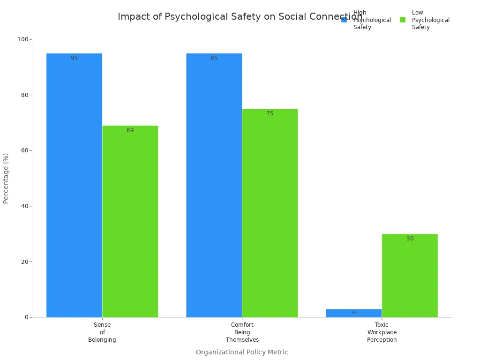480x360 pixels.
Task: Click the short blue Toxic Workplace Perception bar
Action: [353, 313]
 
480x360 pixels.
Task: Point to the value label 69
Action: [130, 130]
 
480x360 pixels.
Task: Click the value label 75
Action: [270, 113]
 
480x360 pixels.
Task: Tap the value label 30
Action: [410, 239]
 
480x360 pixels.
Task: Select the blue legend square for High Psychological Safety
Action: [344, 20]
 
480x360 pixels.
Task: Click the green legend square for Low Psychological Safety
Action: [403, 20]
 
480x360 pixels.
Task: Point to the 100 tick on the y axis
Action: [22, 39]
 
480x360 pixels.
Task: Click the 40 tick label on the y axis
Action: [24, 206]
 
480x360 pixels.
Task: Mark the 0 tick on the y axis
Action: [27, 317]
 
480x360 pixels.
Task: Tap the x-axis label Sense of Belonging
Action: [102, 332]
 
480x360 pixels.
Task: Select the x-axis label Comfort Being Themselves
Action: [242, 332]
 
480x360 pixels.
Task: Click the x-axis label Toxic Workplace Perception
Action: [382, 332]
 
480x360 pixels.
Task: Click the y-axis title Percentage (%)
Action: [6, 178]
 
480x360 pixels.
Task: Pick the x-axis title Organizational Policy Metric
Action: [241, 352]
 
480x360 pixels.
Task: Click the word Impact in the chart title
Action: [131, 17]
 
